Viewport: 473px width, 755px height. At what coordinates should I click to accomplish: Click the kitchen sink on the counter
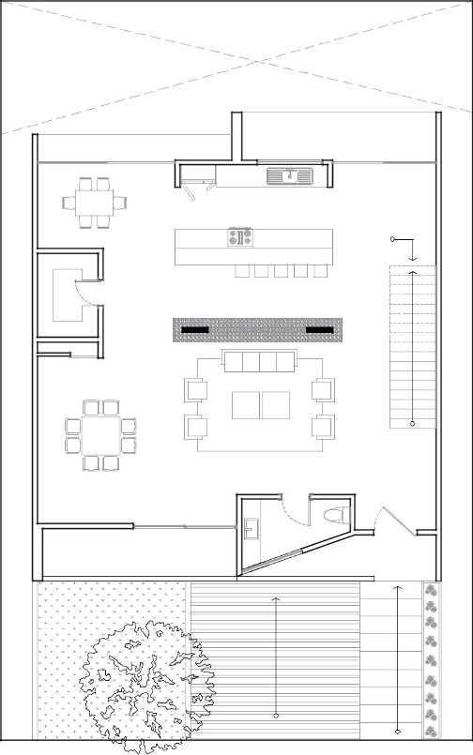click(290, 174)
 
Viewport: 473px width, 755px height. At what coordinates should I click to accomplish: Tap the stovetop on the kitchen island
click(240, 237)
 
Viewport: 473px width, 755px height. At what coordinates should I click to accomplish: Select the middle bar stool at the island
click(281, 271)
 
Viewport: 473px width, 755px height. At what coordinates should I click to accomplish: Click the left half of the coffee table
click(246, 405)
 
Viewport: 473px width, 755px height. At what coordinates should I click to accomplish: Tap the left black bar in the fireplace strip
click(195, 330)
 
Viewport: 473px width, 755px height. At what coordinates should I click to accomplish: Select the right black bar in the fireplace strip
click(320, 330)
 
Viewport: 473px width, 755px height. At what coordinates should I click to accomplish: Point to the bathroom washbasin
click(250, 529)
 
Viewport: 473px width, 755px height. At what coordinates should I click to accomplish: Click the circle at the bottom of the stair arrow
click(412, 426)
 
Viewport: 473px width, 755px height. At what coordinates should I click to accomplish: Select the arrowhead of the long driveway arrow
click(275, 597)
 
